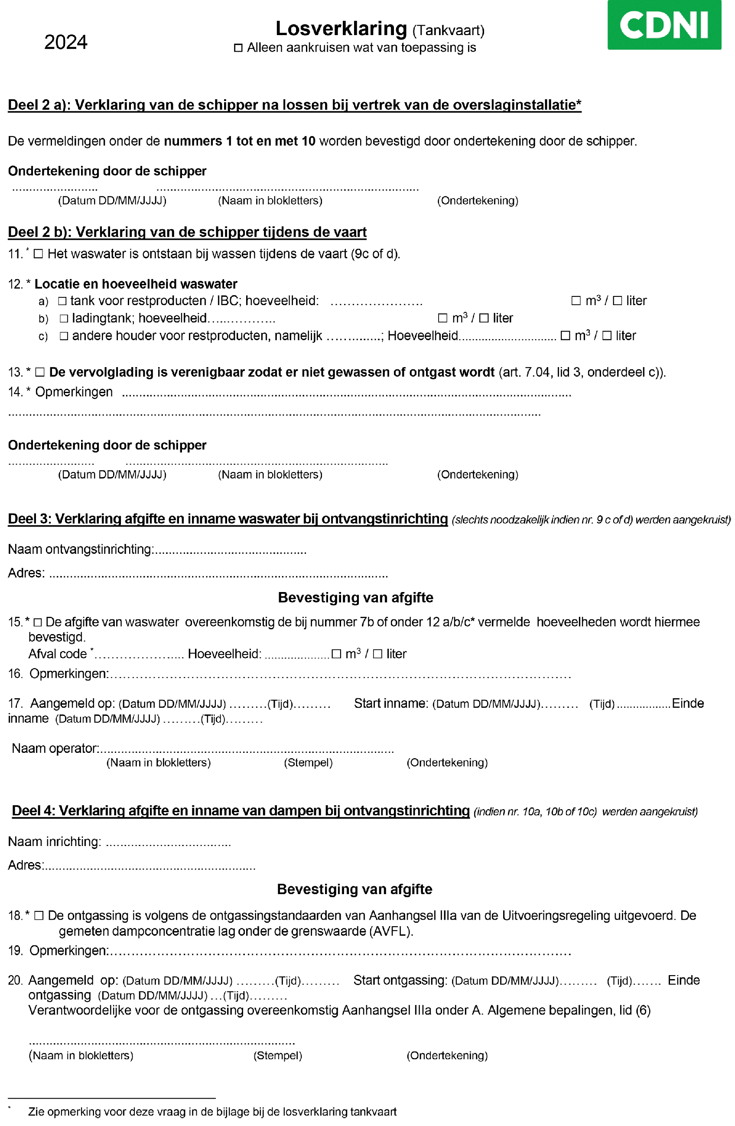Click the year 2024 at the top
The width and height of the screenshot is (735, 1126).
coord(66,42)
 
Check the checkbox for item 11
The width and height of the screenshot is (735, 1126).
coord(38,254)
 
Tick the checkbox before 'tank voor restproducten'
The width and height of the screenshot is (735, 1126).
coord(62,301)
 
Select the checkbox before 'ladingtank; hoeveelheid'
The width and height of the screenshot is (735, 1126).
coord(64,319)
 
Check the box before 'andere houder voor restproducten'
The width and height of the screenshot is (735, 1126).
coord(64,336)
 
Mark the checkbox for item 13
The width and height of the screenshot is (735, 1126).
coord(40,372)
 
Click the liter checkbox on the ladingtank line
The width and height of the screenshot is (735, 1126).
coord(483,319)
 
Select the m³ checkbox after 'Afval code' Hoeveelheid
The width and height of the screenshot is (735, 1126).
coord(336,654)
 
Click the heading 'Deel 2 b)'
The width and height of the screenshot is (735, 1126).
coord(187,232)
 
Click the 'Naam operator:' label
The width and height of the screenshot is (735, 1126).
coord(55,748)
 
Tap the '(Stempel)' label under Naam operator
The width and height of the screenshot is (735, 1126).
coord(308,762)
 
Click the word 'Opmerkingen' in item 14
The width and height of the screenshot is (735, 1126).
coord(74,392)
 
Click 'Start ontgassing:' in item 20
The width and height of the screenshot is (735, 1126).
coord(400,980)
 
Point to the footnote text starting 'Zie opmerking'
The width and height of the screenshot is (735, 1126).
coord(212,1111)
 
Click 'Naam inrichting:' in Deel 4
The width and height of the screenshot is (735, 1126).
coord(55,841)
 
